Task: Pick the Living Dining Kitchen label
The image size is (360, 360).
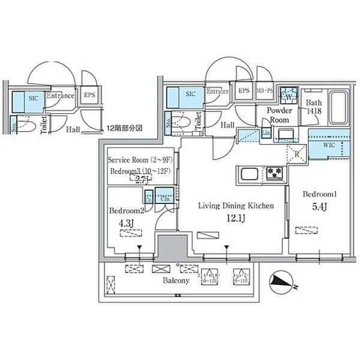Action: pos(236,205)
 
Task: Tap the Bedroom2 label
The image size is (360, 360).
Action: pos(125,211)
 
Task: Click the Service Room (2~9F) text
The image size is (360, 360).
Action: pos(140,160)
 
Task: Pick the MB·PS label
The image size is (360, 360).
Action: pos(265,91)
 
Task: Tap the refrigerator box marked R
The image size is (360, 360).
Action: pos(298,153)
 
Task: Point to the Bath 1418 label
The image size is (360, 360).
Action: pos(315,107)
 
